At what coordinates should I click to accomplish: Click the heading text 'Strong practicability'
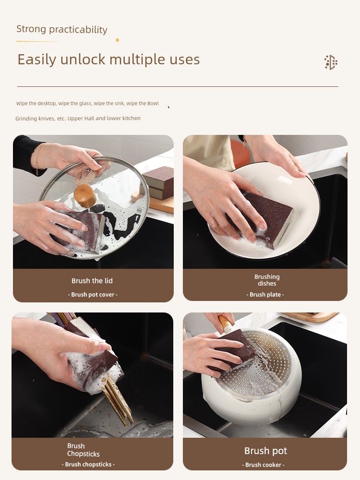point(62,29)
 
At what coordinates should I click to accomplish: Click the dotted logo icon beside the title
point(331,62)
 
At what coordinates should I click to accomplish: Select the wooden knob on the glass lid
point(85,195)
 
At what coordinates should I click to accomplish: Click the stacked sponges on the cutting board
point(158,183)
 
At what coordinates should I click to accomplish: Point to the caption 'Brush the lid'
point(92,281)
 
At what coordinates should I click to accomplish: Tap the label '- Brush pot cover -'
point(93,295)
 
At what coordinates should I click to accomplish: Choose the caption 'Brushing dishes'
point(267,280)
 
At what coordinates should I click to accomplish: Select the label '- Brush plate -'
point(265,295)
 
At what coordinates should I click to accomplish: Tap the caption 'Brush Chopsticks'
point(83,450)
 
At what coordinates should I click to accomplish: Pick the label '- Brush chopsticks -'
point(88,464)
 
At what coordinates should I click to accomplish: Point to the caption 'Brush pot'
point(266,451)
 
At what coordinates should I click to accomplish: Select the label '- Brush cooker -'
point(263,465)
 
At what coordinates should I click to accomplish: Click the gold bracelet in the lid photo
point(37,159)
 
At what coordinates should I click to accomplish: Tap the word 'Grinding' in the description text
point(26,119)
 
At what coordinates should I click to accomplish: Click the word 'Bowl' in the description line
point(153,104)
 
